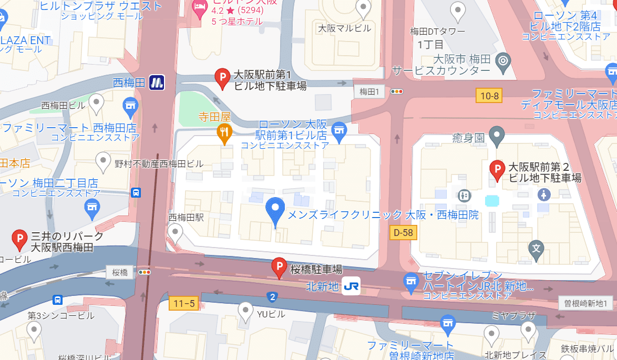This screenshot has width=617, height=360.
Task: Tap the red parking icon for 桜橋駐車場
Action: pos(279,268)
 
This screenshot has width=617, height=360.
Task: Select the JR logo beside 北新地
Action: pos(351,286)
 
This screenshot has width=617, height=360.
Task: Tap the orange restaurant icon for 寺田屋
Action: pos(224,132)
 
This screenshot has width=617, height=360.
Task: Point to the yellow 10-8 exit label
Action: pos(489,95)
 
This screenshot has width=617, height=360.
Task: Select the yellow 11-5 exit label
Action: pos(184,303)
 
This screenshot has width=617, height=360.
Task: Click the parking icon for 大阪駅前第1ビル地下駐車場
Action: pos(223,78)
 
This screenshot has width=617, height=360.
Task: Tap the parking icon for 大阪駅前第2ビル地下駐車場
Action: pos(497,170)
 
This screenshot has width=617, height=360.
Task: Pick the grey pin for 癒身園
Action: pos(497,136)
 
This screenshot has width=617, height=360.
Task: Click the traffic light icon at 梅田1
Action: pos(397,91)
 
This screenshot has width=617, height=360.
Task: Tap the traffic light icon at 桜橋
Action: pos(145,272)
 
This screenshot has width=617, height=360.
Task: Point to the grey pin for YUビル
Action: pos(245,312)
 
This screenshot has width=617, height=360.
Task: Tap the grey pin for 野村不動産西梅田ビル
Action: pos(104,161)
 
